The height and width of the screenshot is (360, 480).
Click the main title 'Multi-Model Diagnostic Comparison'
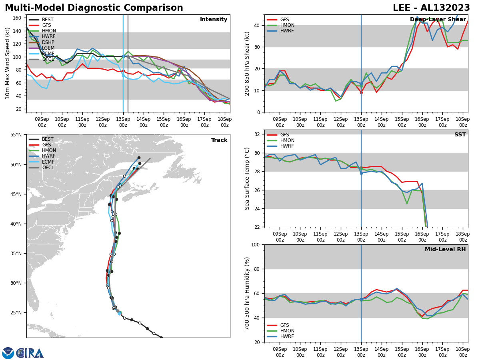pyautogui.click(x=94, y=8)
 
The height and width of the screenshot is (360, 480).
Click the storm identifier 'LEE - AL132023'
pyautogui.click(x=431, y=8)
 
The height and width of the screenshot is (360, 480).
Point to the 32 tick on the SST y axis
pyautogui.click(x=257, y=134)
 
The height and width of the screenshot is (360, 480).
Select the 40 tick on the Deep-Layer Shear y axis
pyautogui.click(x=257, y=25)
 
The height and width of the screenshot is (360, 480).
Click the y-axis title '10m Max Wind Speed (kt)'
pyautogui.click(x=8, y=63)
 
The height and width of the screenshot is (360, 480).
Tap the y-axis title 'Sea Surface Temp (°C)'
pyautogui.click(x=247, y=178)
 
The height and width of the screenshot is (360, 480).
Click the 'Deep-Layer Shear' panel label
pyautogui.click(x=438, y=20)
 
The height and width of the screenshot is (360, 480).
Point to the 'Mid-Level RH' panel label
pyautogui.click(x=445, y=250)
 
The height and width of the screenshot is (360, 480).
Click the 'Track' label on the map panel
pyautogui.click(x=219, y=140)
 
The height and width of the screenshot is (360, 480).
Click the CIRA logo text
pyautogui.click(x=30, y=353)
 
